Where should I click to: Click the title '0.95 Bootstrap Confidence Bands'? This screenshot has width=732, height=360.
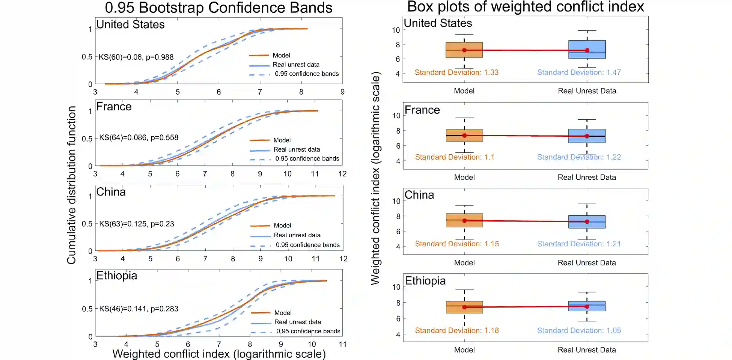[x=218, y=8]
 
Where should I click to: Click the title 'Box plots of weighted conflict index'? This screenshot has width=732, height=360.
[x=525, y=7]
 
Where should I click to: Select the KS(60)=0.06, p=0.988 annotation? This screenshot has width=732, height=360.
[x=136, y=57]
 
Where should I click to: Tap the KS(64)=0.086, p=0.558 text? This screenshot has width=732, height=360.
[x=139, y=138]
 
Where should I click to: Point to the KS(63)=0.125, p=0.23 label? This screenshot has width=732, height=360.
[x=136, y=224]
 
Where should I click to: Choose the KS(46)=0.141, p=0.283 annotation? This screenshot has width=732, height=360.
[x=139, y=309]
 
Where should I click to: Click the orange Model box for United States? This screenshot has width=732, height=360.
[x=464, y=50]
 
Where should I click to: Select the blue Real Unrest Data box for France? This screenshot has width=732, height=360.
[x=587, y=136]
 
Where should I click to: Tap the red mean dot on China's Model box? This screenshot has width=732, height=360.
[x=464, y=221]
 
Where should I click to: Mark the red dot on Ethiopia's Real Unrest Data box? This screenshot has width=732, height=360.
[x=587, y=307]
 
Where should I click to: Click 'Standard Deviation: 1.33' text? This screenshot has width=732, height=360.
[x=456, y=72]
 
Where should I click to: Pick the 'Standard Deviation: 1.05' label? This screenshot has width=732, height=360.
[x=579, y=331]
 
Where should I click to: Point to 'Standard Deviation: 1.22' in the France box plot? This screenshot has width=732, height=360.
[x=579, y=157]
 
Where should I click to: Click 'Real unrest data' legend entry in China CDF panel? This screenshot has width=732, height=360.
[x=297, y=235]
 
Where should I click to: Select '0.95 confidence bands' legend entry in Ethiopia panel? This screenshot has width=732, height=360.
[x=308, y=331]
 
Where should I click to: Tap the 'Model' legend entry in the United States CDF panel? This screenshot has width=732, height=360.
[x=281, y=56]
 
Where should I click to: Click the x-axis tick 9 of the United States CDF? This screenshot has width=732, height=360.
[x=342, y=92]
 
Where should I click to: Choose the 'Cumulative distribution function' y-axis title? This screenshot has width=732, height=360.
[x=71, y=185]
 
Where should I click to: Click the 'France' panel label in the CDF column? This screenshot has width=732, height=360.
[x=114, y=107]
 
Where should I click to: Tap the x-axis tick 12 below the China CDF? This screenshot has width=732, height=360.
[x=343, y=259]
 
